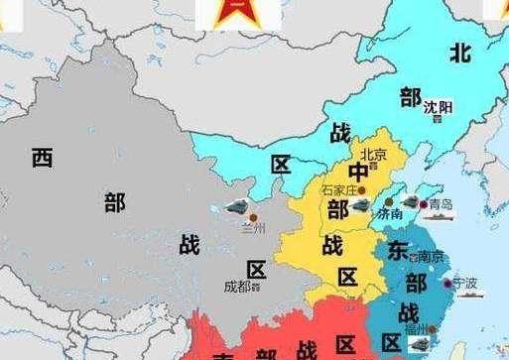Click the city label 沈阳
(x=438, y=106)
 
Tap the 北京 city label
(x=372, y=155)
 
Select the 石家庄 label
(x=337, y=189)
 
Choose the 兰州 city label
(x=254, y=228)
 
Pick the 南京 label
(x=430, y=257)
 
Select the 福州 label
(x=417, y=329)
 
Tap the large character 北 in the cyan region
(x=459, y=52)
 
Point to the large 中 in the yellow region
(x=357, y=173)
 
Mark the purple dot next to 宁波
(x=447, y=284)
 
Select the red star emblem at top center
(x=224, y=12)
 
